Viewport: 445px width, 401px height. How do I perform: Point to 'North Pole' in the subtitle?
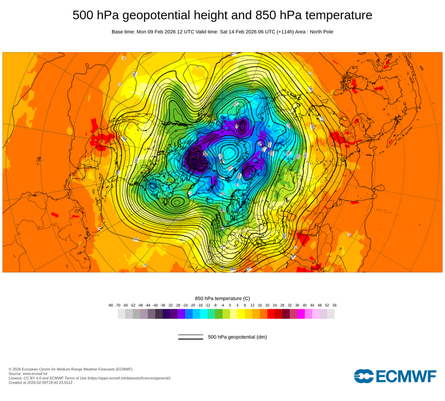point(320,32)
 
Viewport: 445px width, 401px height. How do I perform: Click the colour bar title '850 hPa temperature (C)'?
point(222,298)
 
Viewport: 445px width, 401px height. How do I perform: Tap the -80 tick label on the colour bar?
point(110,305)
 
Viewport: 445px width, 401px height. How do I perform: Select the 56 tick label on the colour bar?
point(335,305)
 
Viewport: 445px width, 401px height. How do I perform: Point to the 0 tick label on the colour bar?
point(230,305)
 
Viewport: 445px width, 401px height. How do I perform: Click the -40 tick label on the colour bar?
point(155,305)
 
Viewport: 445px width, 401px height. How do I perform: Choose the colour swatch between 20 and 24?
point(271,314)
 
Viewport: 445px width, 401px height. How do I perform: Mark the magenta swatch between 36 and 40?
point(301,314)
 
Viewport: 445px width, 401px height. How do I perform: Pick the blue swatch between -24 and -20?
point(189,314)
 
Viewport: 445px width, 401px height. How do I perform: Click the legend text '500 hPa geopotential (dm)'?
point(237,337)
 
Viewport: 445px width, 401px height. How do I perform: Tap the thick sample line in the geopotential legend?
point(190,339)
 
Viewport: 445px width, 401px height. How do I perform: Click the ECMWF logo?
point(395,376)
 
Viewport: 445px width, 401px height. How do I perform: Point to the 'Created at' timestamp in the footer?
point(40,382)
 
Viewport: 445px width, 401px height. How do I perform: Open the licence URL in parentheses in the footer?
point(129,378)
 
